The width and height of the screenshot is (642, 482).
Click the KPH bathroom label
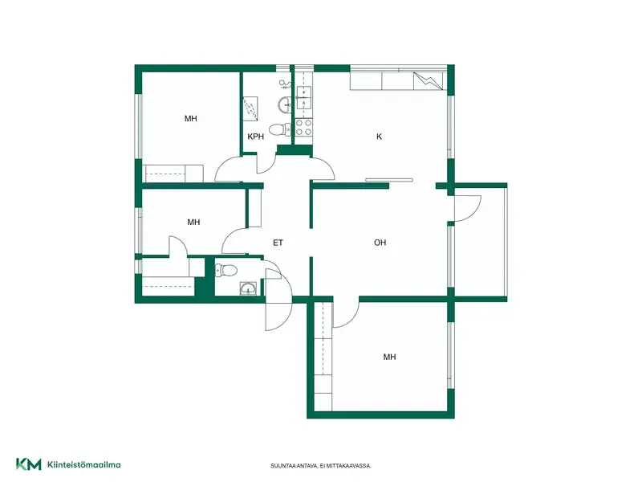pos(255,137)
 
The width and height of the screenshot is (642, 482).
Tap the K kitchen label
pos(379,137)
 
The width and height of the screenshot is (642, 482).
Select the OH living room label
pos(380,243)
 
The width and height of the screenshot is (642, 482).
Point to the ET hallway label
pos(278,243)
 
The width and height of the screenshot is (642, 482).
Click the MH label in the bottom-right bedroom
pos(389,357)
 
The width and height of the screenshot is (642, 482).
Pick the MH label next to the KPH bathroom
pos(191,118)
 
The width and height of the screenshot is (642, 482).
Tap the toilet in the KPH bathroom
pos(280,129)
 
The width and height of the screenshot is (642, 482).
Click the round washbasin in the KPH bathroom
pos(285,105)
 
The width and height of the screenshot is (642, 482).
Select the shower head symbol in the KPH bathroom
pos(286,85)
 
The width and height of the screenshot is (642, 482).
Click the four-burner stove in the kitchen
pos(304,127)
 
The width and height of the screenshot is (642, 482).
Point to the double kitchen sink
pos(304,97)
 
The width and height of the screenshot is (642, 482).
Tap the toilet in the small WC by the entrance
pos(226,270)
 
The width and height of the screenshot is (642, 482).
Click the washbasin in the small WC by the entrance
pos(249,288)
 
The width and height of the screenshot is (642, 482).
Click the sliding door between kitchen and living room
pos(389,179)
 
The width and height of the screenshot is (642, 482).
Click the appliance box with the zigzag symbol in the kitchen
pos(429,81)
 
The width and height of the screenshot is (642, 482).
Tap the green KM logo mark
pos(29,464)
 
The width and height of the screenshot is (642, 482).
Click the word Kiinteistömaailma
pos(84,465)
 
